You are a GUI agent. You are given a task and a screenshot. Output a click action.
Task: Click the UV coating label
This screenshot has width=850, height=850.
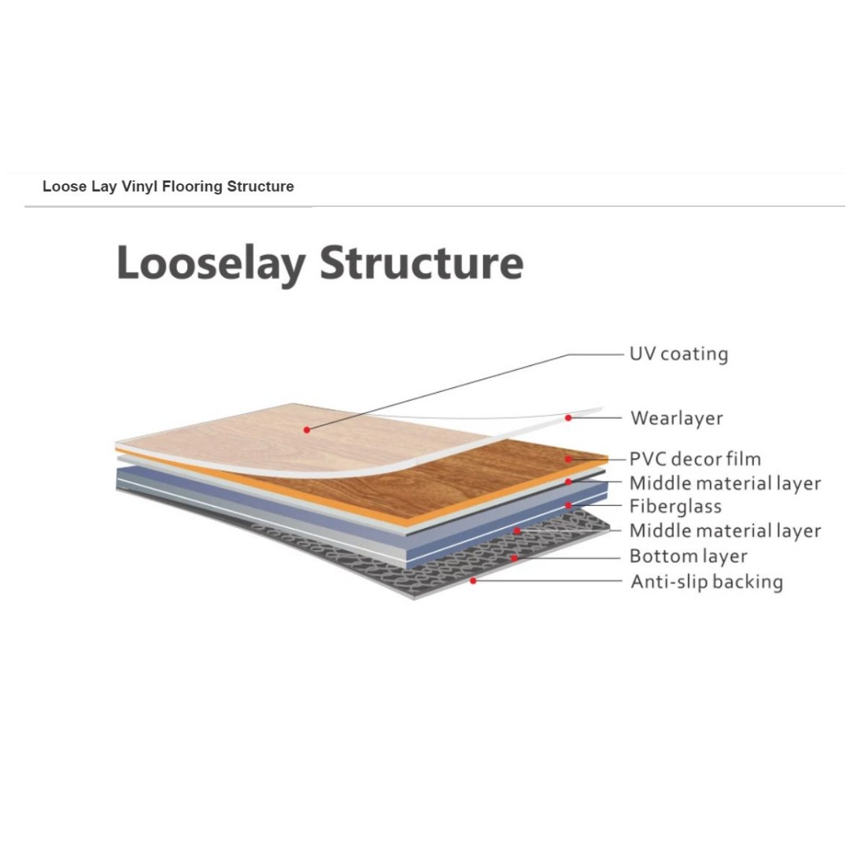tap(678, 354)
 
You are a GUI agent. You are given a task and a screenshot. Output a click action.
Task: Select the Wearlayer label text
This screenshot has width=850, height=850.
tap(677, 418)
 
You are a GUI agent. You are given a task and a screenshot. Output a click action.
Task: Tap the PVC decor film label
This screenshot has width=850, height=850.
tap(695, 459)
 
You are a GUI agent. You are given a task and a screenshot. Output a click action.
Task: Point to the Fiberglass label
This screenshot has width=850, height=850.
tap(675, 506)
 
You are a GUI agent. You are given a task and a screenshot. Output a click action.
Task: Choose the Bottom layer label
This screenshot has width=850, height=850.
tap(688, 556)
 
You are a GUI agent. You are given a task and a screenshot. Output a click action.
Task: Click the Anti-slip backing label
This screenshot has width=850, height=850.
tap(707, 582)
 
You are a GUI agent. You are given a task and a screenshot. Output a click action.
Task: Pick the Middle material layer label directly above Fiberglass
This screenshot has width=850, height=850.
tap(726, 483)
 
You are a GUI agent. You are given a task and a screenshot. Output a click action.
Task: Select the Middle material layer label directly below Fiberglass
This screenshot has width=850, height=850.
tap(726, 530)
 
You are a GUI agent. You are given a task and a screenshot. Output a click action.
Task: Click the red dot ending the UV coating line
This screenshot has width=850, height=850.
tap(307, 430)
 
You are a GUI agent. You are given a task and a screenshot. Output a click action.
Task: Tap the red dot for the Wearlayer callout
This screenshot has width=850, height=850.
tap(568, 418)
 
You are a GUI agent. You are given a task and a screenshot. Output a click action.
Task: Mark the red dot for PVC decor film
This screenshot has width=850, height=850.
tap(569, 459)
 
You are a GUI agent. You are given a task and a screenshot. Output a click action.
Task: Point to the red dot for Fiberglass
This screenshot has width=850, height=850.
tap(569, 506)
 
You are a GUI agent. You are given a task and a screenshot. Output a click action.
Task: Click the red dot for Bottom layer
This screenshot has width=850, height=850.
tap(513, 557)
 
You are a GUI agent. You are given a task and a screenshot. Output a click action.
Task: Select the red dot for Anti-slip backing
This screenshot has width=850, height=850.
tap(473, 581)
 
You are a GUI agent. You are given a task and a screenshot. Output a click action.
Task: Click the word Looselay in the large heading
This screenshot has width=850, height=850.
tap(212, 264)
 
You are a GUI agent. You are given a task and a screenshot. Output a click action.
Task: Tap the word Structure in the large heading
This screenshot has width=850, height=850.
tap(422, 263)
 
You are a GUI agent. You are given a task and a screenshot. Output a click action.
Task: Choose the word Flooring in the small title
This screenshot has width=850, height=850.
tap(193, 187)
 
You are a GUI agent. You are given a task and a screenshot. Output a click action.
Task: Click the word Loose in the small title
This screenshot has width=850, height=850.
tap(65, 187)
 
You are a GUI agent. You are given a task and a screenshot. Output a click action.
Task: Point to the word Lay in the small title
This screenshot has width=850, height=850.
tap(104, 187)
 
